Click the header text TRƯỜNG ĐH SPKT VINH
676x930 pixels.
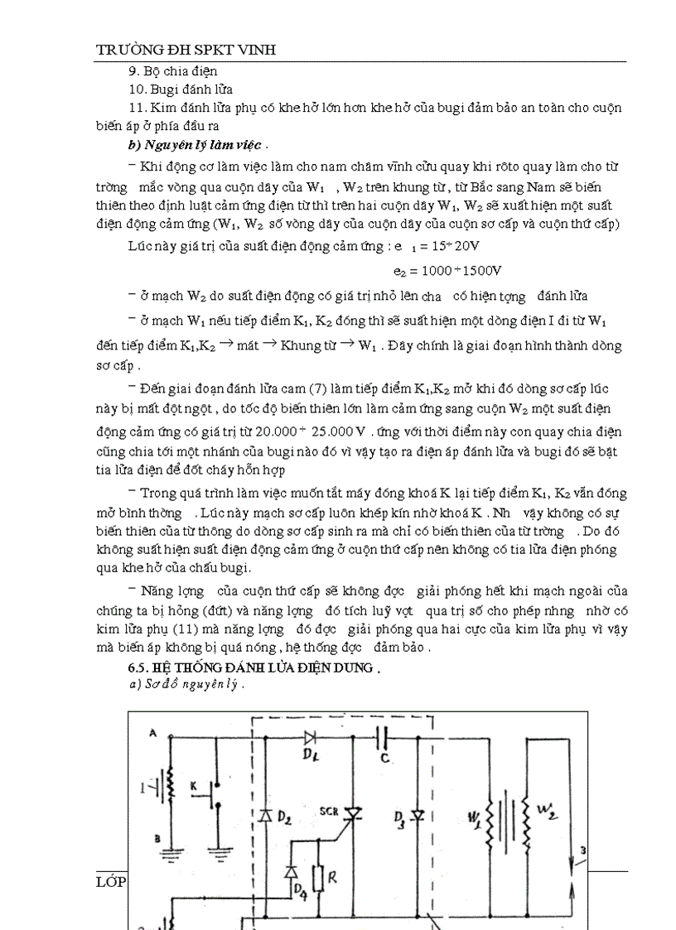point(186,51)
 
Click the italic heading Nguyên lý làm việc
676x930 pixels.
point(171,144)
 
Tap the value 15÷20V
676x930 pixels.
point(454,247)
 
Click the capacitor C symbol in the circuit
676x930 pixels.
point(384,734)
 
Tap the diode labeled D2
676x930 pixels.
point(267,815)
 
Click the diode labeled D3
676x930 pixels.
point(418,816)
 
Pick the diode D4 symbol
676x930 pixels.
point(292,871)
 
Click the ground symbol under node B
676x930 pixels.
point(171,850)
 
